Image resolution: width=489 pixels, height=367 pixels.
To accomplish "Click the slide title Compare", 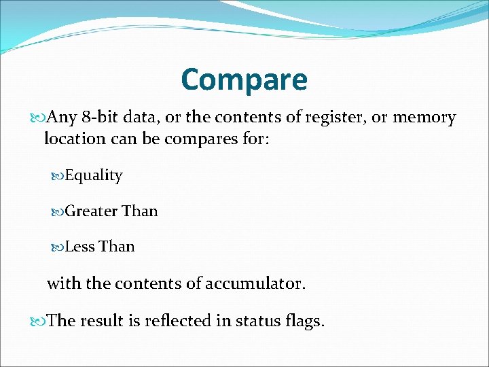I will pos(244,80).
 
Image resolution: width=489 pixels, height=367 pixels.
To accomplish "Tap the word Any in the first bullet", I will pos(63,118).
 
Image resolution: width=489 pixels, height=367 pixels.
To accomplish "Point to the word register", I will pos(332,118).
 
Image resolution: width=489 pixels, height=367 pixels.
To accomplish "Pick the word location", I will pos(74,139).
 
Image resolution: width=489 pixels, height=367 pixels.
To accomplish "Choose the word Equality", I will pos(94,175).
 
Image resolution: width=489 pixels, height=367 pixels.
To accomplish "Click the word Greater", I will pos(91,211).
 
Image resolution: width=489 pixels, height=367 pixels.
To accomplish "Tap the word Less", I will pos(79,247).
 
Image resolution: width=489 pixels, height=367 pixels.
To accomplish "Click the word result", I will pos(103,321).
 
